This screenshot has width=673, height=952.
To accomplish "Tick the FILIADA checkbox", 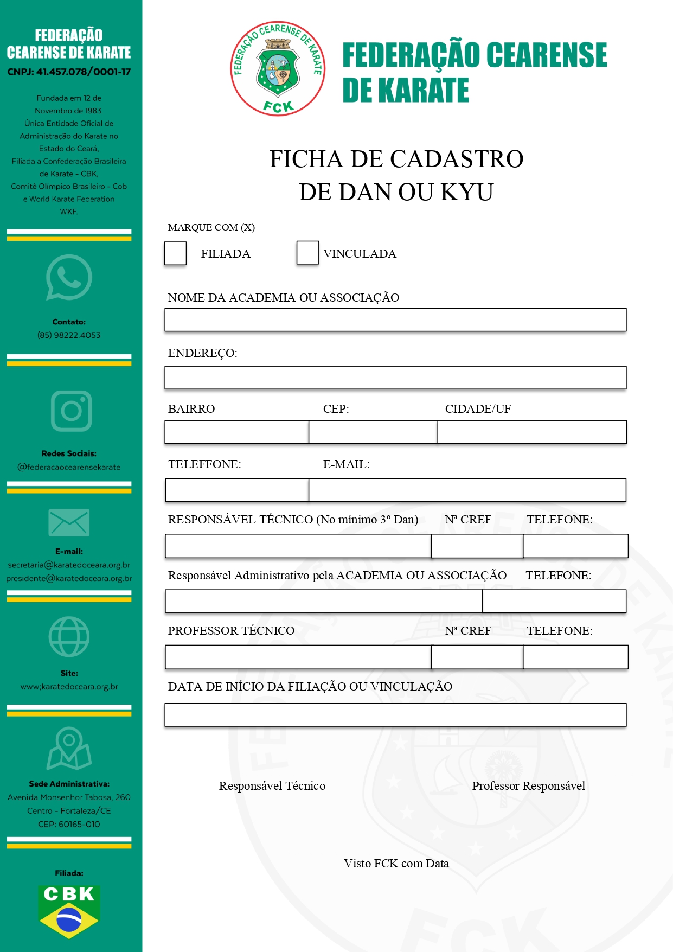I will pos(175,253).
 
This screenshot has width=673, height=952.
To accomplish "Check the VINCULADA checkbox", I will pos(307,253).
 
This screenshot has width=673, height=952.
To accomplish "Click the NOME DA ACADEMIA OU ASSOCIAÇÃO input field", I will pos(395,320).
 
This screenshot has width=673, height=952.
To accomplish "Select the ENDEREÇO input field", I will pos(395,378).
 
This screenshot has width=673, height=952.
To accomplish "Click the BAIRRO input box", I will pos(237,432).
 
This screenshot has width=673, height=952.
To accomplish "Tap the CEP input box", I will pos(373,432).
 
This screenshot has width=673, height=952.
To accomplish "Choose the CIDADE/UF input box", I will pos(532,432).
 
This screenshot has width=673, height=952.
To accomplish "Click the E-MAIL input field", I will pos(467,490).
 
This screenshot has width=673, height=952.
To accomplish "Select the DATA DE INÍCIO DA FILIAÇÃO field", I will pos(395,715).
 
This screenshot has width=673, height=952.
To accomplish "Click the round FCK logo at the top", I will pos(278,69).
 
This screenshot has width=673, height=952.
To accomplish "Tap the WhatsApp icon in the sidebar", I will pos(69,277).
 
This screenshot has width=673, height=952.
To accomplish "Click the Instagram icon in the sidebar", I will pos(71,411).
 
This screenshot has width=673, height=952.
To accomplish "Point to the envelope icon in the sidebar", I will pos(69,523).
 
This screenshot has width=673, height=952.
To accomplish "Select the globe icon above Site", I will pos(69,636).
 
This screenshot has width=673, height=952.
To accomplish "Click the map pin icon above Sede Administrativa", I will pos(69,749).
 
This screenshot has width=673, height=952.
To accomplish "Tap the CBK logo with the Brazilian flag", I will pos(69,911).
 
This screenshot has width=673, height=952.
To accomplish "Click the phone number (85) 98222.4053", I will pos(69,335).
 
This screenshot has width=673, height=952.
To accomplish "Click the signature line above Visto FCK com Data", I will pos(396,852).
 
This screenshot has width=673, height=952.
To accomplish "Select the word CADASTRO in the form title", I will pos(457,159).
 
